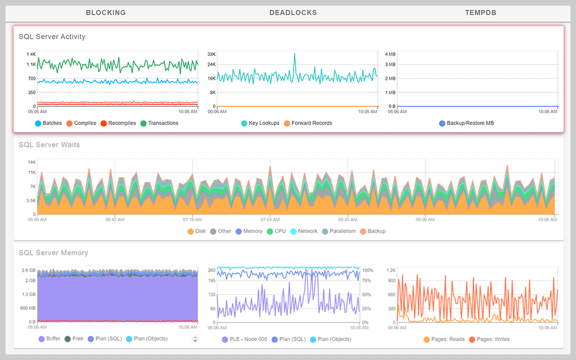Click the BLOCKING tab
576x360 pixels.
click(106, 12)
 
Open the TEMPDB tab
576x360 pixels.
click(480, 12)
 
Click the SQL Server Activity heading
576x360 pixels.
click(52, 37)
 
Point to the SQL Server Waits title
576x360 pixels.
click(49, 145)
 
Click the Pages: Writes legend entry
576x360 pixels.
click(493, 339)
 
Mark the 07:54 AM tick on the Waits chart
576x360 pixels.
click(270, 219)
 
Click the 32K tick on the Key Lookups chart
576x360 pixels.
click(211, 54)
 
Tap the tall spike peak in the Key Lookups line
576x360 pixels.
click(294, 54)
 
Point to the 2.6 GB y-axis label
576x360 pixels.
click(29, 270)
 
